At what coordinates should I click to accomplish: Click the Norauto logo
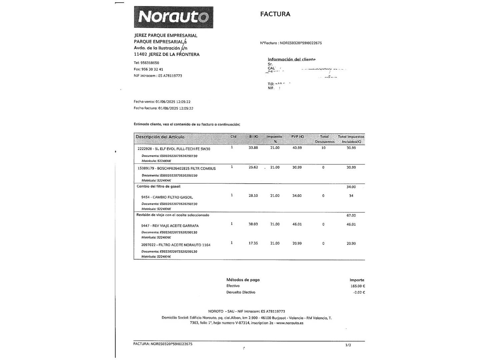click(173, 17)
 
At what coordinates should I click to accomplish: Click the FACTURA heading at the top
click(275, 14)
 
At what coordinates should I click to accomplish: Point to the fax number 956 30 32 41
click(152, 69)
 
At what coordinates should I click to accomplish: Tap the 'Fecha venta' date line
click(162, 102)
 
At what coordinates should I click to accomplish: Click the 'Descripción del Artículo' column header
click(160, 137)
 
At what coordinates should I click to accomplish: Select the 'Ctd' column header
click(233, 137)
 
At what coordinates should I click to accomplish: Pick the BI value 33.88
click(253, 148)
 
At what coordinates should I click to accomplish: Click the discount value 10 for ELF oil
click(323, 148)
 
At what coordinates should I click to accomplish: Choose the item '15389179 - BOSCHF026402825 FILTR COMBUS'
click(177, 169)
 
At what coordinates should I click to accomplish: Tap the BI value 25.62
click(253, 167)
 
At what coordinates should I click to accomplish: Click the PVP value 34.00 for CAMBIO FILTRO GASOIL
click(297, 196)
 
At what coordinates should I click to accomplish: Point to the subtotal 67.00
click(351, 215)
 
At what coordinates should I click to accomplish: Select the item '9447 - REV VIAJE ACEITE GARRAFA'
click(170, 226)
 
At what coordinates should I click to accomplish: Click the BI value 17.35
click(253, 243)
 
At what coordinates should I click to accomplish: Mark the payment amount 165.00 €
click(358, 286)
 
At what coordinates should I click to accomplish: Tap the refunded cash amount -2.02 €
click(359, 292)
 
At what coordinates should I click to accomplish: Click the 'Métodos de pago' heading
click(243, 280)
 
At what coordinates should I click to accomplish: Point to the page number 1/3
click(348, 345)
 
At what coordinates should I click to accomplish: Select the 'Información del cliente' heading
click(292, 59)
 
